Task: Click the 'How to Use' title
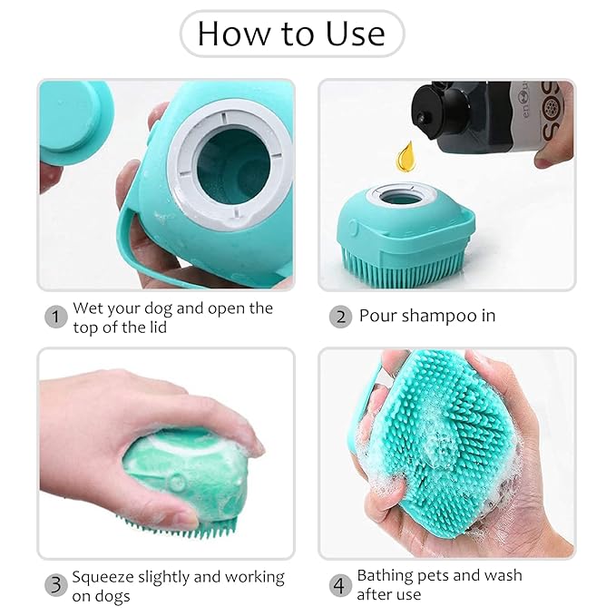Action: tap(290, 34)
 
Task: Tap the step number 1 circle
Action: tap(56, 317)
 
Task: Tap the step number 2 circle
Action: tap(340, 317)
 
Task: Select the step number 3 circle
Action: tap(56, 585)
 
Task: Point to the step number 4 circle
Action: tap(340, 585)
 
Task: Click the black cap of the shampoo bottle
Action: tap(435, 113)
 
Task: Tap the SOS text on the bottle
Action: tap(549, 112)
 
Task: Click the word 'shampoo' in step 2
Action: tap(438, 317)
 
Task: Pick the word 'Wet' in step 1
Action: tap(88, 308)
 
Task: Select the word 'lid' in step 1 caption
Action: tap(160, 327)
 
